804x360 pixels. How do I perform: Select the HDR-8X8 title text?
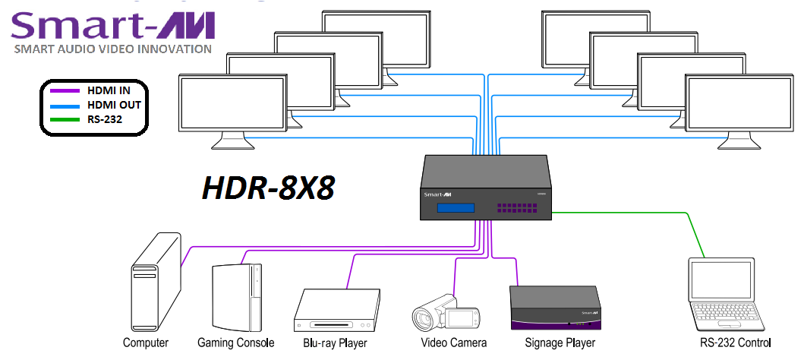pyautogui.click(x=268, y=186)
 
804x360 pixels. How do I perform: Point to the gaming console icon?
pyautogui.click(x=236, y=295)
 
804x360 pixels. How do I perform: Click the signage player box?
pyautogui.click(x=555, y=308)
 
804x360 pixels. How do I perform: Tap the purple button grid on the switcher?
pyautogui.click(x=516, y=207)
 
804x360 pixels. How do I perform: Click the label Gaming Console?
pyautogui.click(x=235, y=343)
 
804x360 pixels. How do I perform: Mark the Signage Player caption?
pyautogui.click(x=560, y=343)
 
